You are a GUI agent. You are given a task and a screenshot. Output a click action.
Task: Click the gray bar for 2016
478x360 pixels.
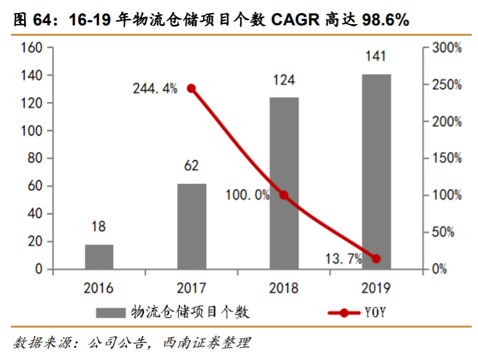tap(99, 257)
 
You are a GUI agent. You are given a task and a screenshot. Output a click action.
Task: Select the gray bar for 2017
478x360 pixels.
tap(191, 226)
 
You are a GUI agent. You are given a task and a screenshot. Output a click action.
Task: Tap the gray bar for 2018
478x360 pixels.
tap(284, 183)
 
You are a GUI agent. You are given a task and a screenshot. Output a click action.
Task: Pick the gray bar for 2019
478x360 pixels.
tap(376, 172)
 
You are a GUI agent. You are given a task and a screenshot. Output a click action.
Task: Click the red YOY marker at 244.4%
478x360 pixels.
tap(191, 88)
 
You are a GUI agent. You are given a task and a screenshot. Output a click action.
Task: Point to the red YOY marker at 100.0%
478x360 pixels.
tap(284, 195)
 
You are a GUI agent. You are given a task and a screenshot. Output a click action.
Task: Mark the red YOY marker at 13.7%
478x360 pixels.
tap(376, 259)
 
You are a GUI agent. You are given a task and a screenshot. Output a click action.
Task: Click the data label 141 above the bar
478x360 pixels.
tap(376, 58)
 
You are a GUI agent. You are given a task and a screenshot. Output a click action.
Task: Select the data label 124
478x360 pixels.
tap(284, 81)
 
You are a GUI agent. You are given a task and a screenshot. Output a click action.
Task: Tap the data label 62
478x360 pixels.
tap(191, 166)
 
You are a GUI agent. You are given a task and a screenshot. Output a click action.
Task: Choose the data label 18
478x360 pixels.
tap(99, 227)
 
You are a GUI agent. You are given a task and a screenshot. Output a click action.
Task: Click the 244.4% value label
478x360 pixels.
tap(155, 89)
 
